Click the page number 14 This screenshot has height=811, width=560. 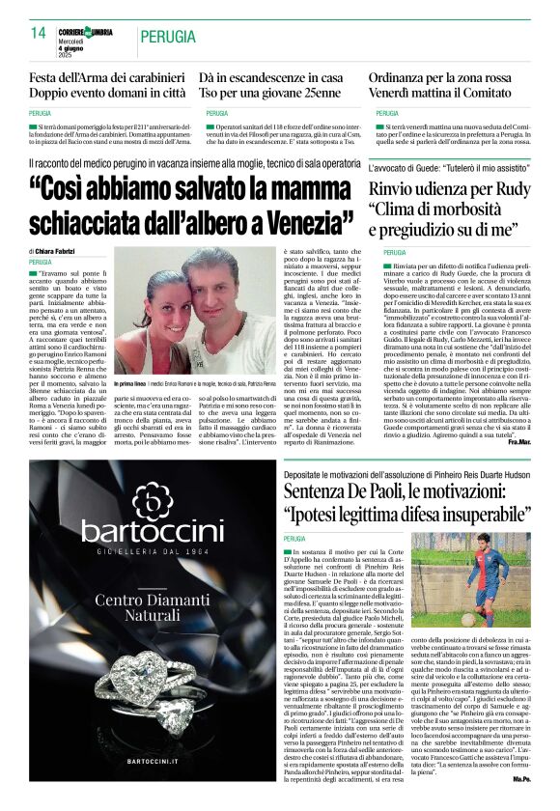pos(39,33)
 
